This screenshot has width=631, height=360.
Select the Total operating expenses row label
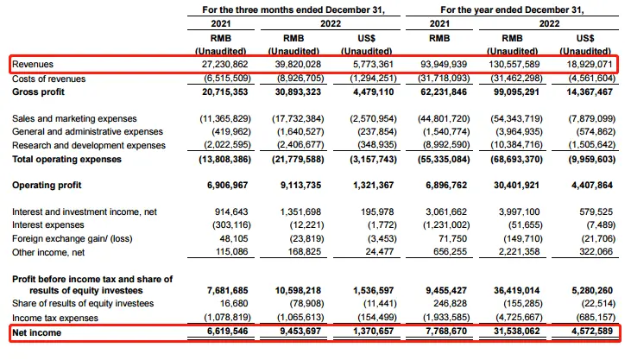click(x=66, y=159)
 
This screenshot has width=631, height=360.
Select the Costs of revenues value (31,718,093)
click(x=444, y=77)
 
